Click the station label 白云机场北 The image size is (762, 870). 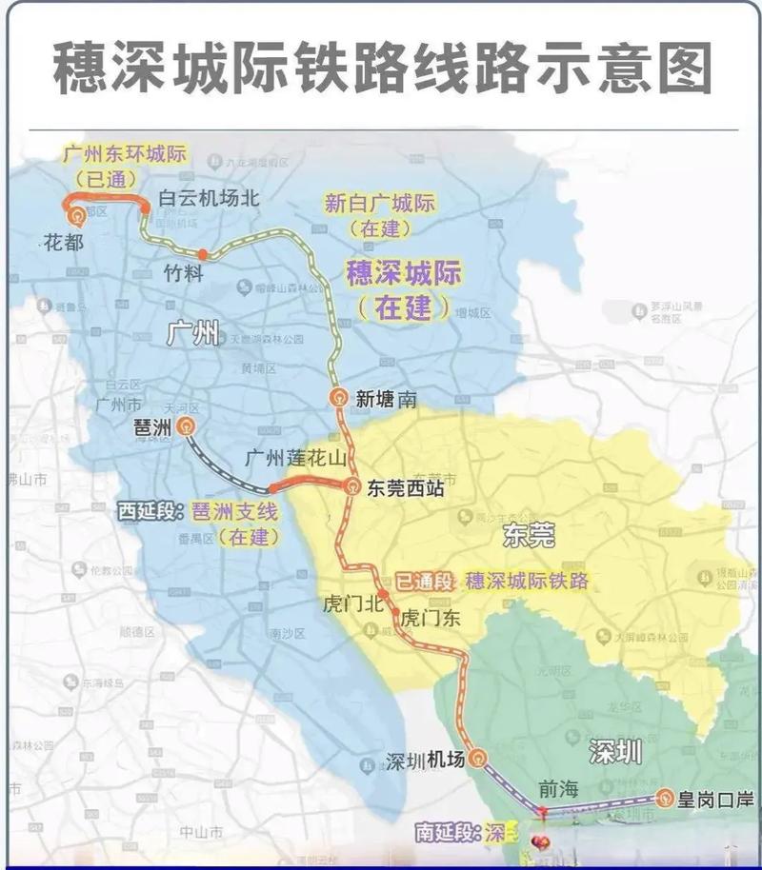pos(208,199)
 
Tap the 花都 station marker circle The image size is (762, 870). pos(75,218)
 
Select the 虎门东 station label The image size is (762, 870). pos(430,618)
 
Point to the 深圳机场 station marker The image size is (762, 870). pos(478,759)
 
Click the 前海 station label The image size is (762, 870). pos(558,789)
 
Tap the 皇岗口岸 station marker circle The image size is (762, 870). pos(664,798)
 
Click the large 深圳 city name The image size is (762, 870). pos(614,751)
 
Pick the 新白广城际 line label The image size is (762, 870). pos(380,203)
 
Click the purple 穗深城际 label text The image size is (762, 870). pos(404,273)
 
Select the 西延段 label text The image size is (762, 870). pos(148,511)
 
